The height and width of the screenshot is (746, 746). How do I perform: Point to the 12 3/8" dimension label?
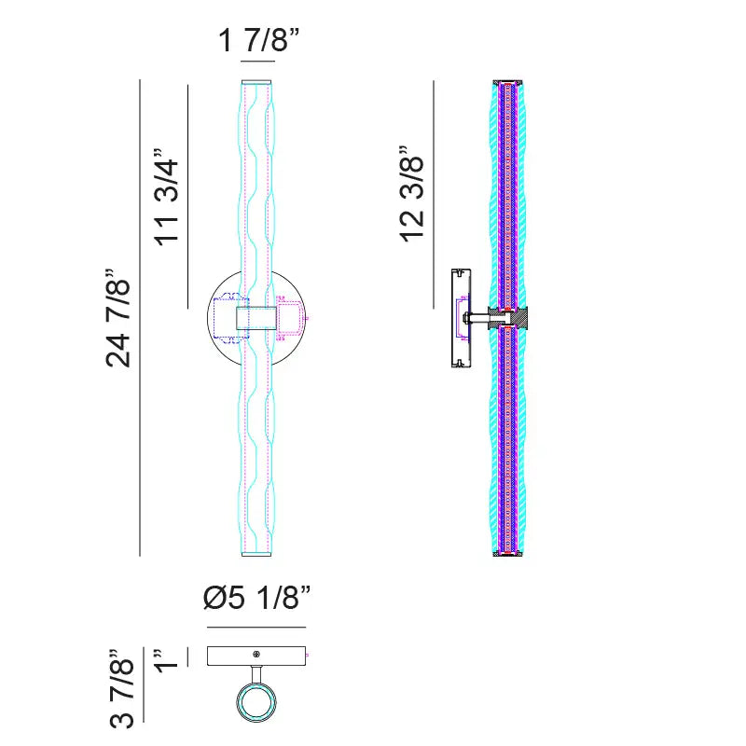point(412,193)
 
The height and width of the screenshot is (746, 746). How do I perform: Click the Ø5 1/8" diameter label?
point(256,598)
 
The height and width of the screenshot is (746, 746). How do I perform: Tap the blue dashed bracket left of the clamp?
point(224,318)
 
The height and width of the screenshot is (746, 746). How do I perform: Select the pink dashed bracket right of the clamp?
point(290,317)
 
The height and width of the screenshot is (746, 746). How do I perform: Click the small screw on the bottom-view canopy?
point(257,655)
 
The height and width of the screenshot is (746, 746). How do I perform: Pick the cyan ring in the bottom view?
point(256,704)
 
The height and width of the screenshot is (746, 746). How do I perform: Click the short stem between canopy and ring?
point(256,675)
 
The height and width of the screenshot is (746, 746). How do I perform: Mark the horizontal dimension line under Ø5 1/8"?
point(256,627)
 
